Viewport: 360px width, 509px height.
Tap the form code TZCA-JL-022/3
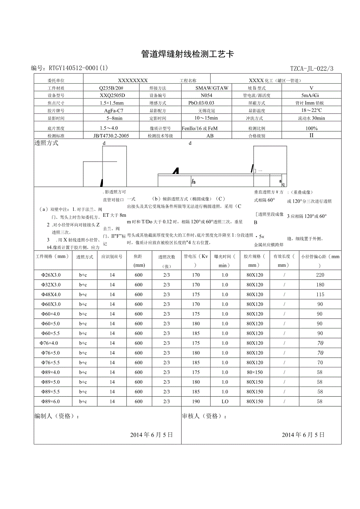pos(312,68)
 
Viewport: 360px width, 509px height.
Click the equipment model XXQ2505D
pos(112,95)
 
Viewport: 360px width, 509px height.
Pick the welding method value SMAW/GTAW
pos(212,88)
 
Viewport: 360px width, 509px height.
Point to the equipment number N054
pos(206,95)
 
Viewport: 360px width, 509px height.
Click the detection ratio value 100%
pos(311,128)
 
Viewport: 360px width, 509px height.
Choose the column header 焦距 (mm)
pos(139,261)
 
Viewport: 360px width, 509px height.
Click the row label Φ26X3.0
pos(51,275)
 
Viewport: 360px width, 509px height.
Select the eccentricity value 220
pos(320,275)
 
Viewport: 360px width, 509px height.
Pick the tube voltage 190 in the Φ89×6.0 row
pos(196,401)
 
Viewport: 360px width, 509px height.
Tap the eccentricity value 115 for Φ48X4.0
pos(320,294)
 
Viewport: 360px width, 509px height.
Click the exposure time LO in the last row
pos(225,401)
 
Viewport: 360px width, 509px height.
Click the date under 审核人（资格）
pos(303,435)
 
